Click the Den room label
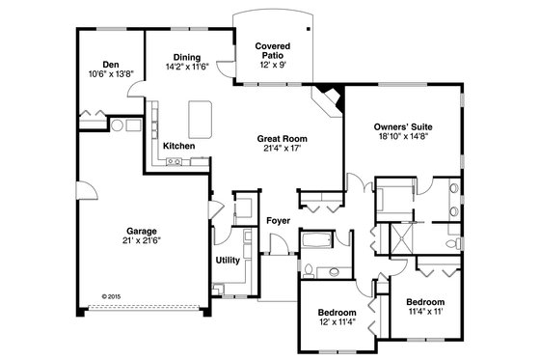coord(98,65)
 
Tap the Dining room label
coord(187,58)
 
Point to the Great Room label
coord(281,138)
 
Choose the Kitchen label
coord(179,146)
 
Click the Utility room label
coord(228,260)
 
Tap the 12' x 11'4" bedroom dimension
coord(337,323)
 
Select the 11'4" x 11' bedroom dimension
coord(425,311)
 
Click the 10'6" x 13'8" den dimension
coord(98,74)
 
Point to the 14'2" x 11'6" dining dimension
coord(187,68)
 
